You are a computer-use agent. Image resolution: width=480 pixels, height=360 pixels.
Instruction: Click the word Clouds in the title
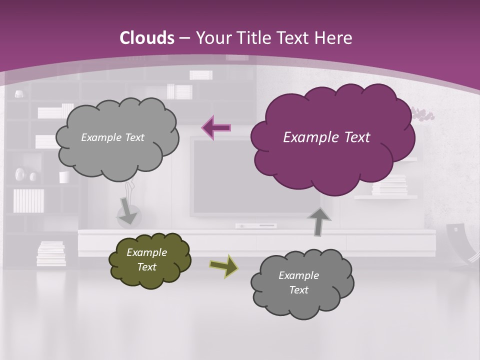tap(146, 38)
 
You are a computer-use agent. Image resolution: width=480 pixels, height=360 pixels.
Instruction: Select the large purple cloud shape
tap(332, 137)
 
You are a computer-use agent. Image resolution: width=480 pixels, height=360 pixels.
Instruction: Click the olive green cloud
tap(150, 260)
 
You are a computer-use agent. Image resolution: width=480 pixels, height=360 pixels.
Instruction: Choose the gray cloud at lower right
tap(302, 283)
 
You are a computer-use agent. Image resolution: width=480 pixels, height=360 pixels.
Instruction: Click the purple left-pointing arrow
tap(216, 127)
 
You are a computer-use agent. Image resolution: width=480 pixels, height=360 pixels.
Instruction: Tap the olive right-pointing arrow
tap(223, 266)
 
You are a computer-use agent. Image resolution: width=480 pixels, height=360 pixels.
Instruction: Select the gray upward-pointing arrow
tap(319, 221)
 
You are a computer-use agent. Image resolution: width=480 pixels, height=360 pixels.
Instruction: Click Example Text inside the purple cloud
tap(326, 137)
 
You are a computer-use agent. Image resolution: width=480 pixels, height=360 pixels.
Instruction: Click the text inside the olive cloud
tap(146, 259)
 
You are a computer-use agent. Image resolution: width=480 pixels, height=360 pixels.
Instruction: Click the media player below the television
tap(256, 226)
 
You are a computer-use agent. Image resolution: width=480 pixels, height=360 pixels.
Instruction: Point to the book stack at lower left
tap(51, 253)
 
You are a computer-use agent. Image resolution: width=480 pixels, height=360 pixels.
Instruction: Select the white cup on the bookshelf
tap(64, 177)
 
